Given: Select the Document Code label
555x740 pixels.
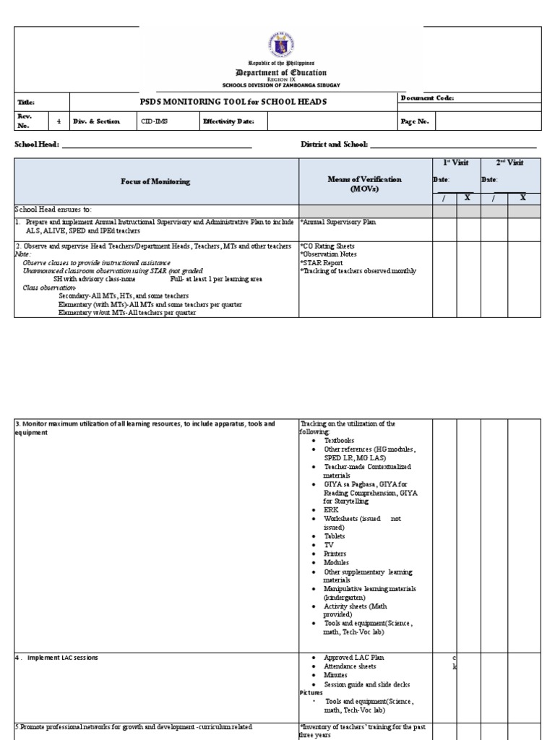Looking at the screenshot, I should (427, 98).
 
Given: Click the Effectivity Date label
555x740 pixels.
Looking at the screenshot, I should (228, 121).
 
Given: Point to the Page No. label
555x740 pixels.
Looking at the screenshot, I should (415, 122).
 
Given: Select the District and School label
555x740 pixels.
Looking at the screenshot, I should (334, 145).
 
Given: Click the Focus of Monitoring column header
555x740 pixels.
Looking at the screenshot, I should (155, 181).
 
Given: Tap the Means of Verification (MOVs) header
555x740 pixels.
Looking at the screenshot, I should (366, 184).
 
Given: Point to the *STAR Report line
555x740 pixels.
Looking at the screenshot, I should (322, 263).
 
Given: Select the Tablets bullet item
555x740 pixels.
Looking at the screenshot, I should (335, 536).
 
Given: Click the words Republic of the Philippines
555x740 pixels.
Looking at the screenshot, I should (281, 64).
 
